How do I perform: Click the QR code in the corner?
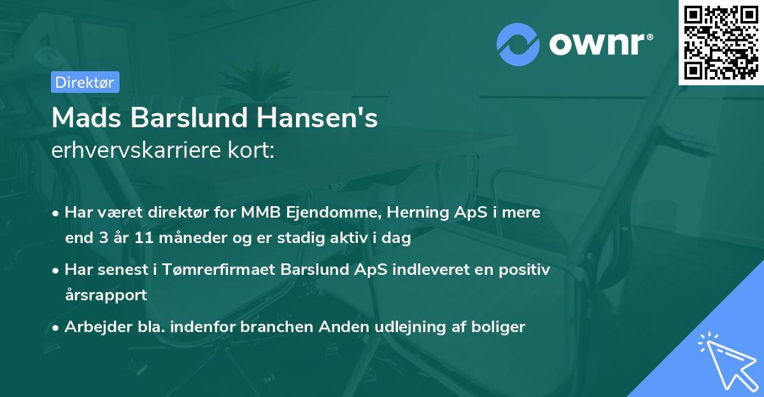(721, 42)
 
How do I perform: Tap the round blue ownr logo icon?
(518, 43)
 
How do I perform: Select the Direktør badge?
(85, 82)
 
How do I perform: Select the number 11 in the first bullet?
(132, 239)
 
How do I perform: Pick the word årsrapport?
(106, 295)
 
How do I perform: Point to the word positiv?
(525, 270)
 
